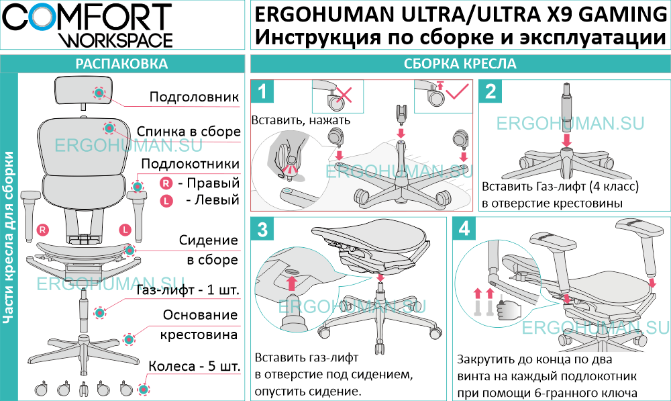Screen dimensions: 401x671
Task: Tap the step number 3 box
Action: [263, 229]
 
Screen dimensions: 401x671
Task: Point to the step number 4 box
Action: [465, 229]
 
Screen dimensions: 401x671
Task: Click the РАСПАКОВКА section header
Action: [121, 64]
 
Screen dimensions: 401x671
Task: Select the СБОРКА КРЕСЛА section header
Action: [460, 64]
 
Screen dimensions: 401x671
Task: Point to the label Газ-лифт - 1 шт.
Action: [189, 291]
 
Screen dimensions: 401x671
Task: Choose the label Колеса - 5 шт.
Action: [194, 367]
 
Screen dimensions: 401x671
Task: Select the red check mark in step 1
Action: [459, 92]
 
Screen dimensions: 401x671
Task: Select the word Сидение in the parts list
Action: [209, 240]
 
